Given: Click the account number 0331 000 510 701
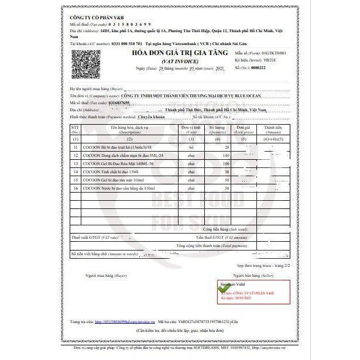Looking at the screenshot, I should (126, 43).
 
